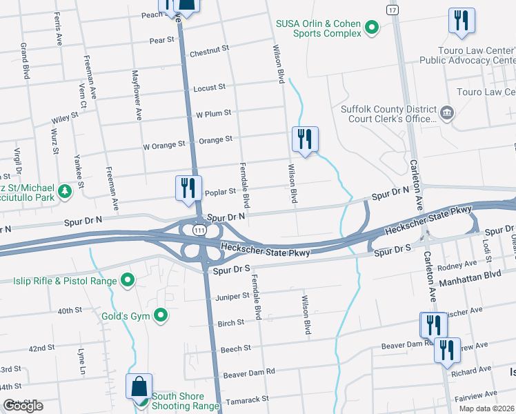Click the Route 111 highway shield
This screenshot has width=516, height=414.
click(199, 228)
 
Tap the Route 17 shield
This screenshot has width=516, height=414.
click(393, 11)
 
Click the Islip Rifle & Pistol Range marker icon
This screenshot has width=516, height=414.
click(127, 280)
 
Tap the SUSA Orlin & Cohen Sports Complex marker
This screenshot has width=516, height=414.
click(372, 28)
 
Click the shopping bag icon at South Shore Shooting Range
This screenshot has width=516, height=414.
click(139, 386)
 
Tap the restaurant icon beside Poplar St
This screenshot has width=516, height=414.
click(187, 188)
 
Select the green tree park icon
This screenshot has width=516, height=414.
click(65, 190)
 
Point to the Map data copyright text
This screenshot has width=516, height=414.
click(486, 408)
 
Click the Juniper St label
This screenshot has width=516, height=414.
click(233, 295)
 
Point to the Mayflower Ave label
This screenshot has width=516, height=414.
click(137, 95)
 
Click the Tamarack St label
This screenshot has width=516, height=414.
click(246, 399)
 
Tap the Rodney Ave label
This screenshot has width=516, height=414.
click(462, 264)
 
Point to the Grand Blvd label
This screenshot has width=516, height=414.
click(25, 59)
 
